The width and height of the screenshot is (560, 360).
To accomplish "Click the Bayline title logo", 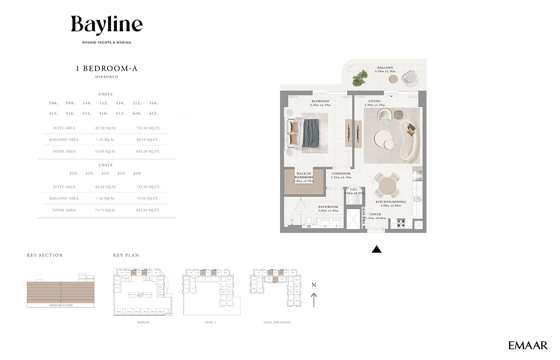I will (x=107, y=25).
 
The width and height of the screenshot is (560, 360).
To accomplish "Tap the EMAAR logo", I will (x=528, y=345).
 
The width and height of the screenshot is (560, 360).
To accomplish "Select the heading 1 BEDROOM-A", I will (x=106, y=69).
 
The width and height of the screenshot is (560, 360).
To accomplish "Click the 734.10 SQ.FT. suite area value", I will (x=148, y=128).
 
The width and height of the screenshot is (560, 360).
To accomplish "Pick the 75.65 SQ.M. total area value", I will (x=106, y=152).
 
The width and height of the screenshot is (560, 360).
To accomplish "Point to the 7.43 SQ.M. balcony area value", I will (x=106, y=199).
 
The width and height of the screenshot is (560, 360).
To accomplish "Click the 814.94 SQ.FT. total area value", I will (x=148, y=210).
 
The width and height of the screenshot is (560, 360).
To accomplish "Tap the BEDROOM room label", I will (x=320, y=101).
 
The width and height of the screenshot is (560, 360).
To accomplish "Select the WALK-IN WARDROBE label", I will (x=304, y=175).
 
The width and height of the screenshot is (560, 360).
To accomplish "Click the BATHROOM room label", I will (x=328, y=207).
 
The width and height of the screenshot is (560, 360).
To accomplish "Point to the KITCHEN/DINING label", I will (x=391, y=202).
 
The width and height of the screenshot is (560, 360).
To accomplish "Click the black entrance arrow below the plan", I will (x=377, y=249).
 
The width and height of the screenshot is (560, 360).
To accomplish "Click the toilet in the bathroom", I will (x=309, y=221).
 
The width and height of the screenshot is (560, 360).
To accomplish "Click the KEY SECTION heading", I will (x=45, y=256).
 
